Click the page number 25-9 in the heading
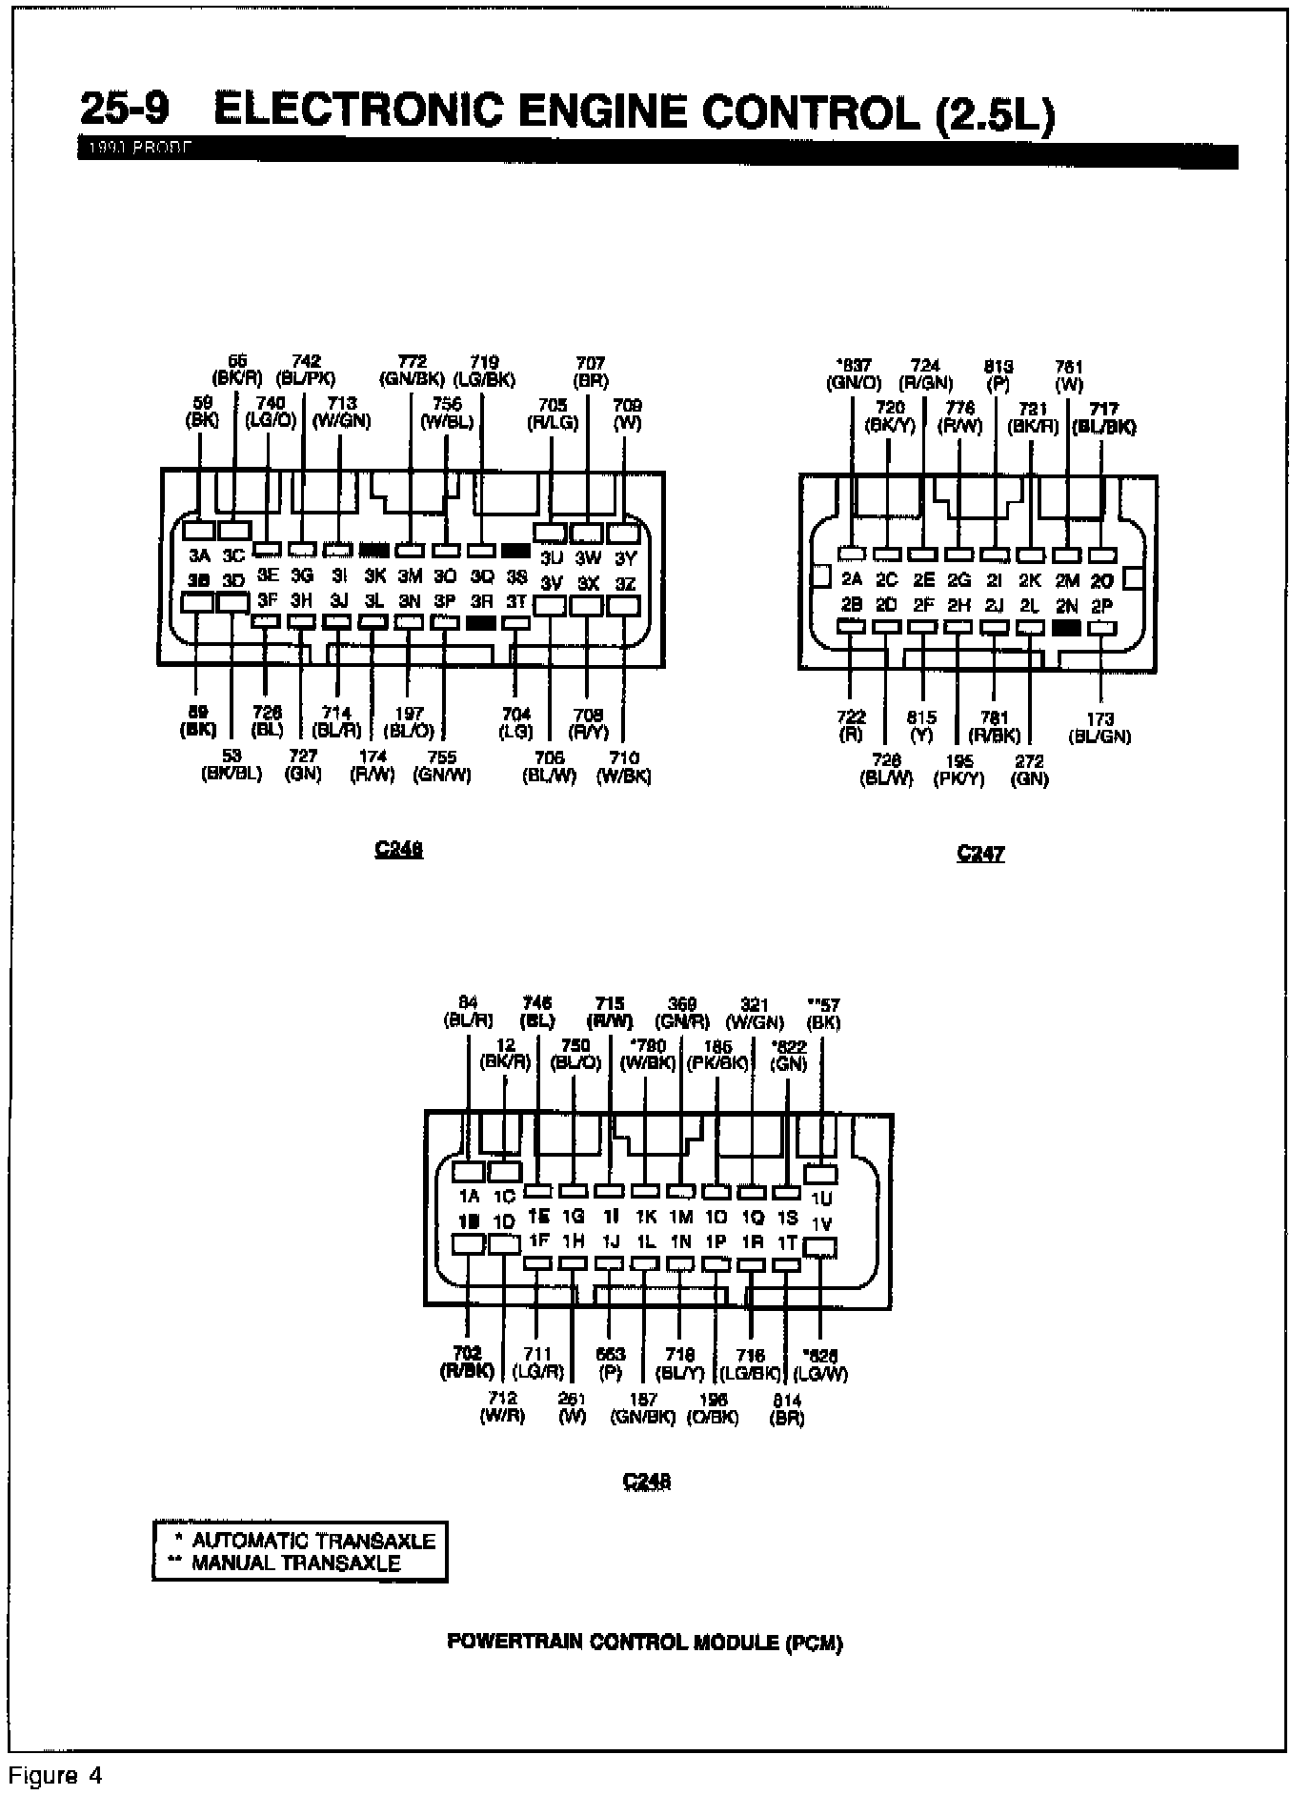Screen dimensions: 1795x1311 tap(125, 110)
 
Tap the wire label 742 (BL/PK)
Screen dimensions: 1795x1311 tap(305, 370)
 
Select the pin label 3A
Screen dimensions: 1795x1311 tap(199, 556)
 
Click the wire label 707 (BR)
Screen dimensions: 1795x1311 tap(590, 372)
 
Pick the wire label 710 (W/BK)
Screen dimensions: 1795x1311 tap(623, 767)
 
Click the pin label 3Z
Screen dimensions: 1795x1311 tap(625, 583)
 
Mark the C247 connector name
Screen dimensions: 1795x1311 tap(980, 854)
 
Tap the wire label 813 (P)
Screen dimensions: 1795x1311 tap(998, 374)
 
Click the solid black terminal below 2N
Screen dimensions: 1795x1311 tap(1066, 628)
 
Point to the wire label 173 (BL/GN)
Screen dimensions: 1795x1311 tap(1099, 728)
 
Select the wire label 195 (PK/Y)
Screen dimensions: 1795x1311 tap(958, 770)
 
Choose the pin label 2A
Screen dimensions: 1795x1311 tap(852, 579)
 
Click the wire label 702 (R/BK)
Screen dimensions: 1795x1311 tap(467, 1362)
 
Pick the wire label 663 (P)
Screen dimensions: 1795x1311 tap(610, 1363)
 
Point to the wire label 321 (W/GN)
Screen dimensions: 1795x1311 tap(755, 1014)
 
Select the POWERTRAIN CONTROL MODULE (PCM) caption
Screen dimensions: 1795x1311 tap(645, 1643)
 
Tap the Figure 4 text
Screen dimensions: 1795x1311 tap(55, 1776)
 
